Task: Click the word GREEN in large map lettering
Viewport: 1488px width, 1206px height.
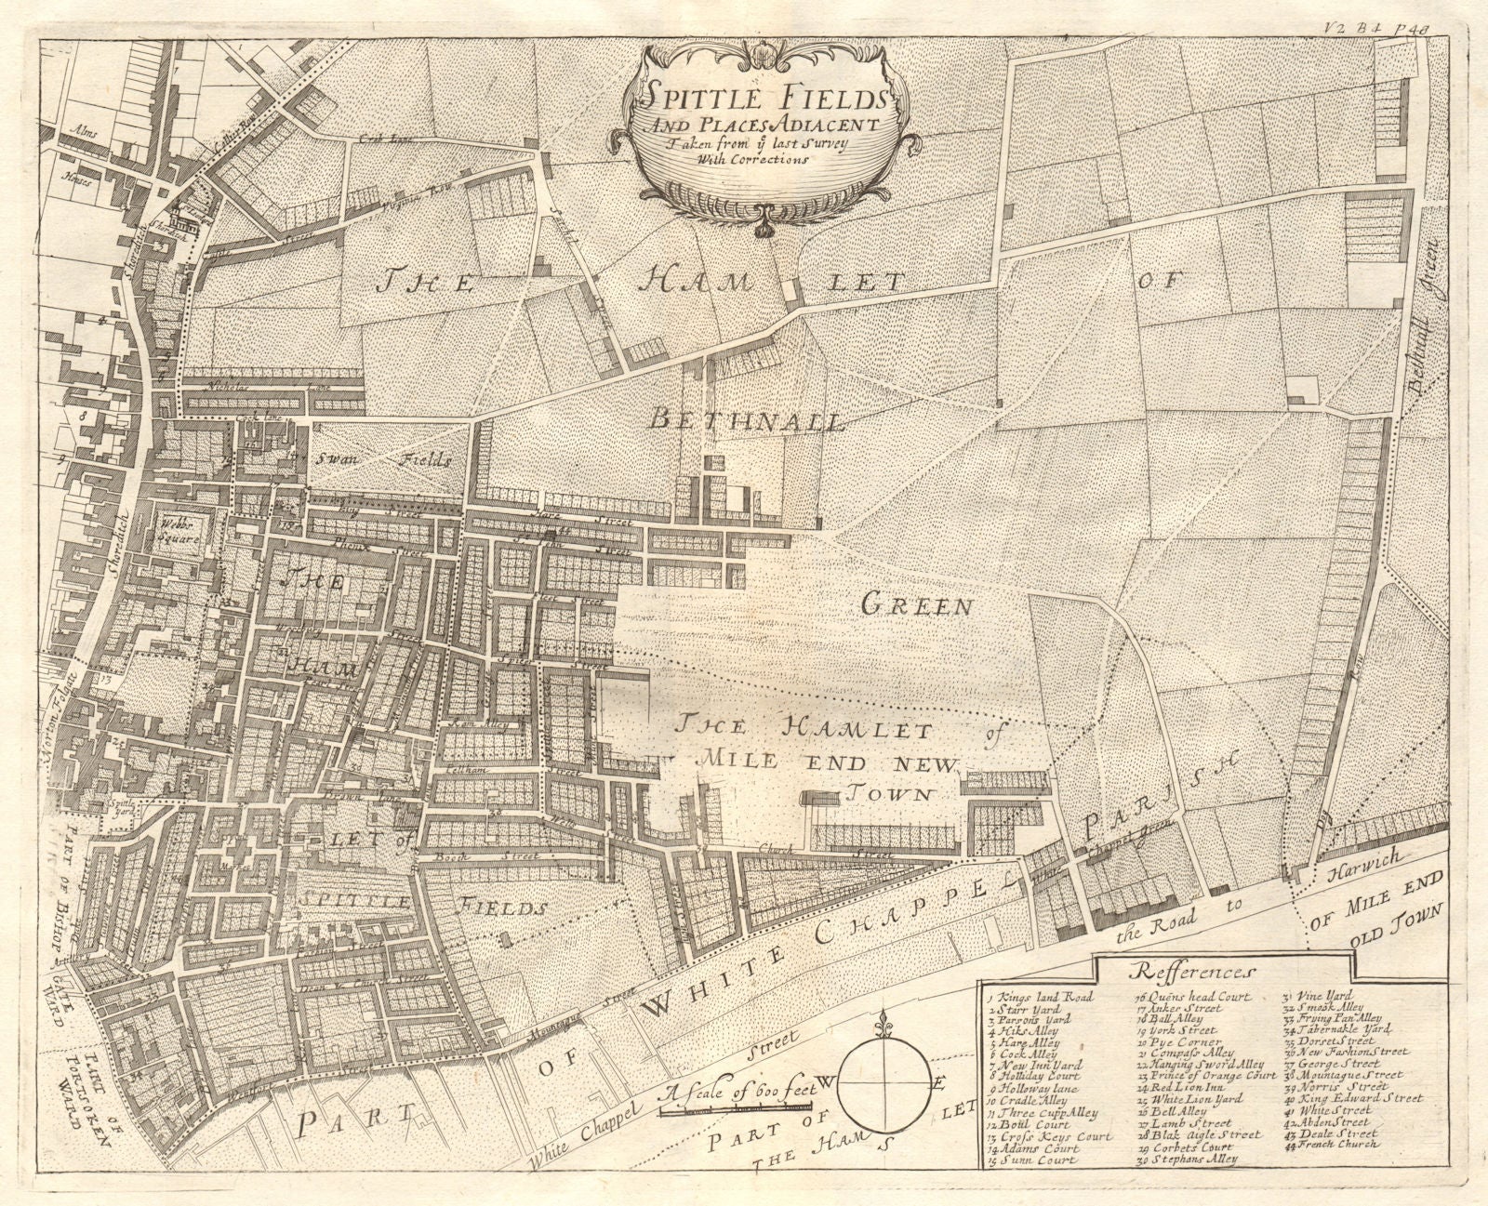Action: [916, 607]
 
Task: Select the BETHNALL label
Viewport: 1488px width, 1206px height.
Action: [748, 421]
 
